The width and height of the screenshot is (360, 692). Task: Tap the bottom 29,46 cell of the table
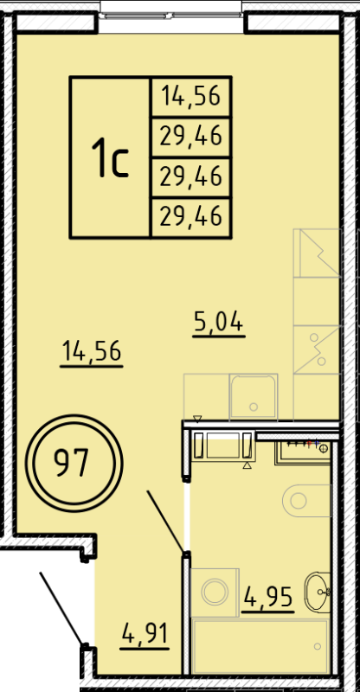(x=191, y=215)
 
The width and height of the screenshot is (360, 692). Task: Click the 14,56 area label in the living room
(x=91, y=352)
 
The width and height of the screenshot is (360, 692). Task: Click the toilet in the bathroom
(x=307, y=499)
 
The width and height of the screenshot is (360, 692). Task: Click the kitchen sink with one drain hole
(x=252, y=397)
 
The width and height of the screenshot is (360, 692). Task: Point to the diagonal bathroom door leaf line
(x=165, y=522)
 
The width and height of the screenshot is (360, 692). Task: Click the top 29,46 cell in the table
(x=191, y=136)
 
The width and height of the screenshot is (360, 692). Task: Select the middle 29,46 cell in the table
(x=191, y=176)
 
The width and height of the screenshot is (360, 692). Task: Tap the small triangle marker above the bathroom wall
(x=198, y=419)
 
